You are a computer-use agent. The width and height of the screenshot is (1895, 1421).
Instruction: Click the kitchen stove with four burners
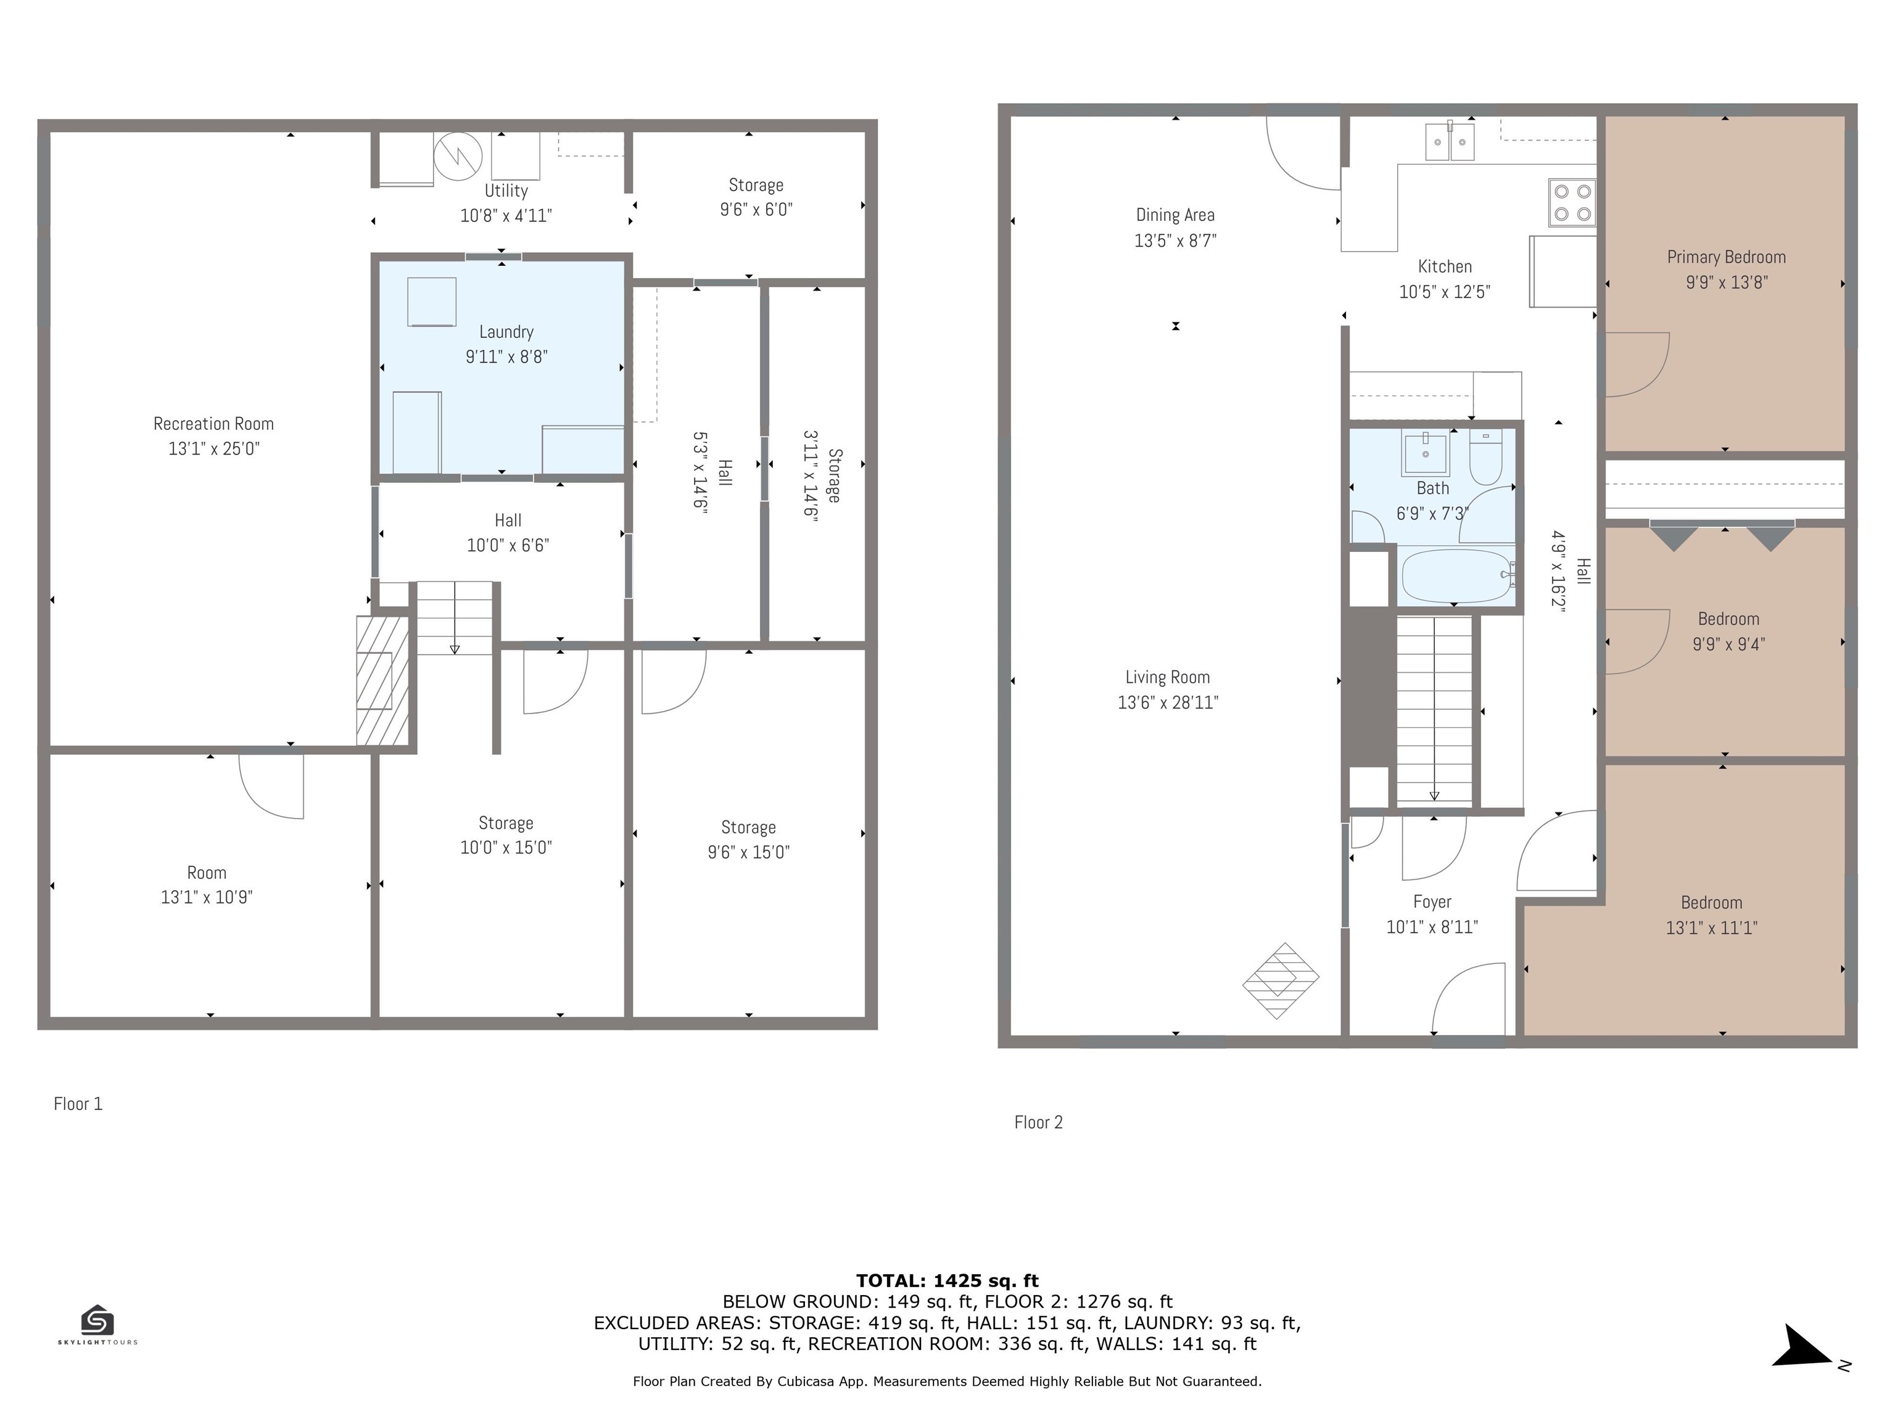coord(1572,203)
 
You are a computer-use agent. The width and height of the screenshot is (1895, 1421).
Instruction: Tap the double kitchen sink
coord(1450,142)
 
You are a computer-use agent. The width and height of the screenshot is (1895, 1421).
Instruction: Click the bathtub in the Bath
coord(1456,575)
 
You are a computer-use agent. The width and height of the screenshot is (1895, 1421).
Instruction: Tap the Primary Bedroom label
coord(1726,257)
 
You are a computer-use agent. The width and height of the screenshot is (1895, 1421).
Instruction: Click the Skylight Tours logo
coord(97,1324)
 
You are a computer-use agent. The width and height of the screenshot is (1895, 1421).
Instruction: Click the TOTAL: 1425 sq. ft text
coord(947,1280)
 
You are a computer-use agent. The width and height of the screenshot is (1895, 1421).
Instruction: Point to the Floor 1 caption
coord(78,1104)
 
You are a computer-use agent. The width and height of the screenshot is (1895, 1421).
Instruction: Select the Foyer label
coord(1432,902)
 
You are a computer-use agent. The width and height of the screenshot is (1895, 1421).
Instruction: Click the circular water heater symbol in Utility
coord(458,157)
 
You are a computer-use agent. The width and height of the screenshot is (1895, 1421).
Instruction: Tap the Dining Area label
coord(1175,216)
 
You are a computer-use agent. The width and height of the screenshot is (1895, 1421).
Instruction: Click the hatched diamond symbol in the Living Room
coord(1280,981)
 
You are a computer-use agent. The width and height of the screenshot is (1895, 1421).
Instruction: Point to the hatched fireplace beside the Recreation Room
coord(382,681)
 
